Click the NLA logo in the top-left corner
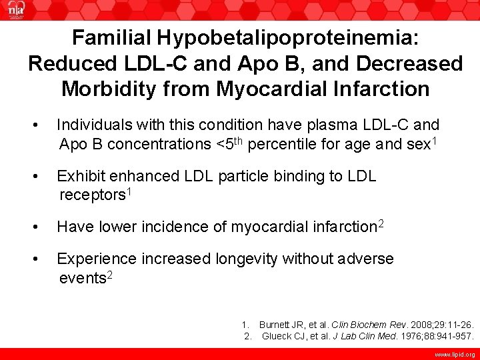[14, 12]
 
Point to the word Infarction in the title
[374, 88]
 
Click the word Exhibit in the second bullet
[79, 177]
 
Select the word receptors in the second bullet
[92, 195]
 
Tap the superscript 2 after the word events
[109, 274]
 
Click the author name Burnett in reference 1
[275, 323]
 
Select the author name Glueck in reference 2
[276, 336]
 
